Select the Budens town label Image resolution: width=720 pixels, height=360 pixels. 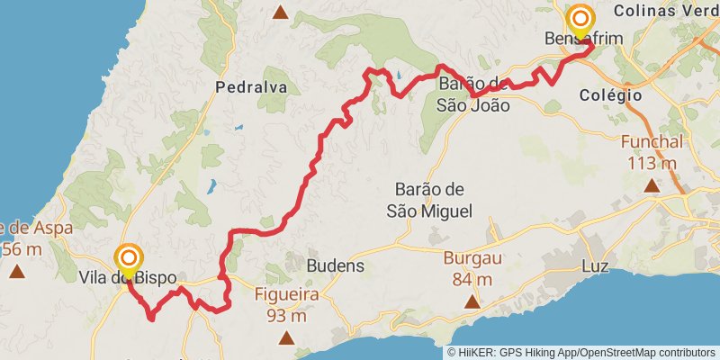click(x=336, y=265)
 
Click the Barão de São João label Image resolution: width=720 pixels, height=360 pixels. click(x=473, y=94)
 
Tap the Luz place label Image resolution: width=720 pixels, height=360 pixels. click(x=595, y=267)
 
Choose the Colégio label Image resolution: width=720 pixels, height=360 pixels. click(x=610, y=94)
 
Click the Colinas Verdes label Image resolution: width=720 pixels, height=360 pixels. click(x=667, y=12)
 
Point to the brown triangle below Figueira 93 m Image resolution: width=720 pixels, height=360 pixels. click(x=286, y=338)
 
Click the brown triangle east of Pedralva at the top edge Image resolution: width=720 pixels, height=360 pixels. click(x=281, y=13)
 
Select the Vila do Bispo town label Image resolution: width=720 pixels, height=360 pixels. click(x=127, y=277)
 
